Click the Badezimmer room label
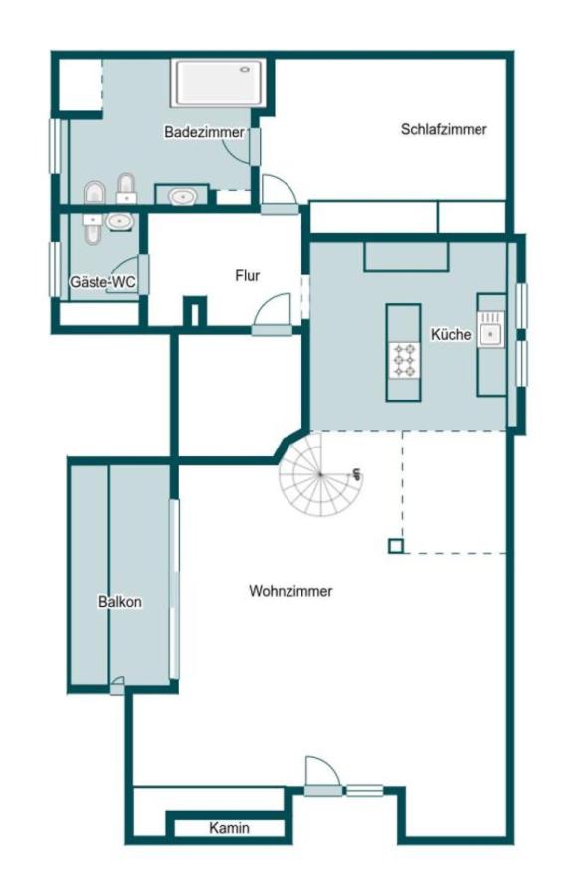pyautogui.click(x=204, y=132)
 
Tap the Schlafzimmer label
pyautogui.click(x=444, y=129)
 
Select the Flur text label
pyautogui.click(x=247, y=276)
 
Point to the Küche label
pyautogui.click(x=451, y=334)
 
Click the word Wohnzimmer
pyautogui.click(x=290, y=590)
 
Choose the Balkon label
pyautogui.click(x=120, y=601)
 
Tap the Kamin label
pyautogui.click(x=229, y=827)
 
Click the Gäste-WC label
pyautogui.click(x=102, y=282)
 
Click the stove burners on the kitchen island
pyautogui.click(x=404, y=360)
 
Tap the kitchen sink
pyautogui.click(x=490, y=329)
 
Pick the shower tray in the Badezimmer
pyautogui.click(x=219, y=84)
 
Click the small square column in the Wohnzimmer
pyautogui.click(x=396, y=546)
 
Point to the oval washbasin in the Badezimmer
pyautogui.click(x=182, y=197)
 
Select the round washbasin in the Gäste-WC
pyautogui.click(x=119, y=221)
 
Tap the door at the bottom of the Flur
pyautogui.click(x=273, y=314)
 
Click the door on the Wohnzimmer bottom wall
pyautogui.click(x=323, y=776)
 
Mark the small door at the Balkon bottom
pyautogui.click(x=117, y=686)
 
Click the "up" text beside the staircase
pyautogui.click(x=357, y=473)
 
